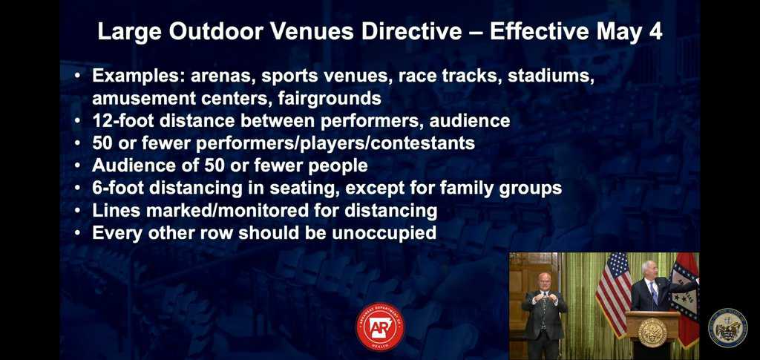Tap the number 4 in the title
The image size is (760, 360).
pos(655,32)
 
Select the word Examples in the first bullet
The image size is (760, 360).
pos(137,77)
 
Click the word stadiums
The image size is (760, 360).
pos(551,76)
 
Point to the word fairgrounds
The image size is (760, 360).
pos(330,99)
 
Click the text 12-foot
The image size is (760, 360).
pos(123,121)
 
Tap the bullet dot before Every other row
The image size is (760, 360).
pos(77,234)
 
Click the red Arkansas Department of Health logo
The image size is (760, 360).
pos(380,327)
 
